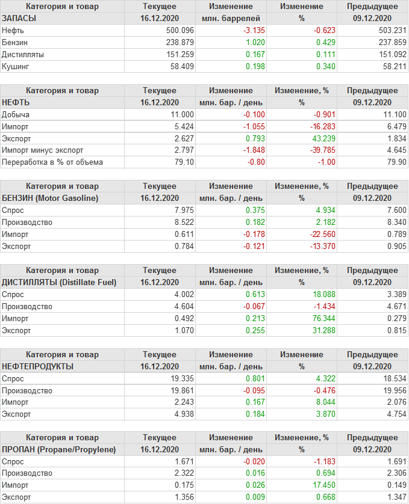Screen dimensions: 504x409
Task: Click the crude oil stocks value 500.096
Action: pos(180,30)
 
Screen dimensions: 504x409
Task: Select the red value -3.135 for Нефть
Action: pos(253,30)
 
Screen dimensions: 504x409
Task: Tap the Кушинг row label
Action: pos(16,66)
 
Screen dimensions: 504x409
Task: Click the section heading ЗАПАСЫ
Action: pos(19,18)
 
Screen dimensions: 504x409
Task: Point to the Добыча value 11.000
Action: pos(182,114)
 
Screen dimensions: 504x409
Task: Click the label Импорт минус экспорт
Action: pos(43,150)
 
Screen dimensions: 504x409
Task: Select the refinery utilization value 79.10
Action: pos(184,162)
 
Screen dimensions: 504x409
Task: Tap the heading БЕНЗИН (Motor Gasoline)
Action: pos(50,198)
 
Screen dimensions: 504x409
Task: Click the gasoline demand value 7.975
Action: pos(184,210)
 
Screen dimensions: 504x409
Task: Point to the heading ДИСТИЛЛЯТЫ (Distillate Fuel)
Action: pos(59,282)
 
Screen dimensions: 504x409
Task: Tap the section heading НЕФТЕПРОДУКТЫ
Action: pos(37,366)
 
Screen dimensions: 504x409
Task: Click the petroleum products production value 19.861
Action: pos(182,390)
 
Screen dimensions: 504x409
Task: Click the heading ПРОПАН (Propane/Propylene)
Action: pos(58,449)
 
